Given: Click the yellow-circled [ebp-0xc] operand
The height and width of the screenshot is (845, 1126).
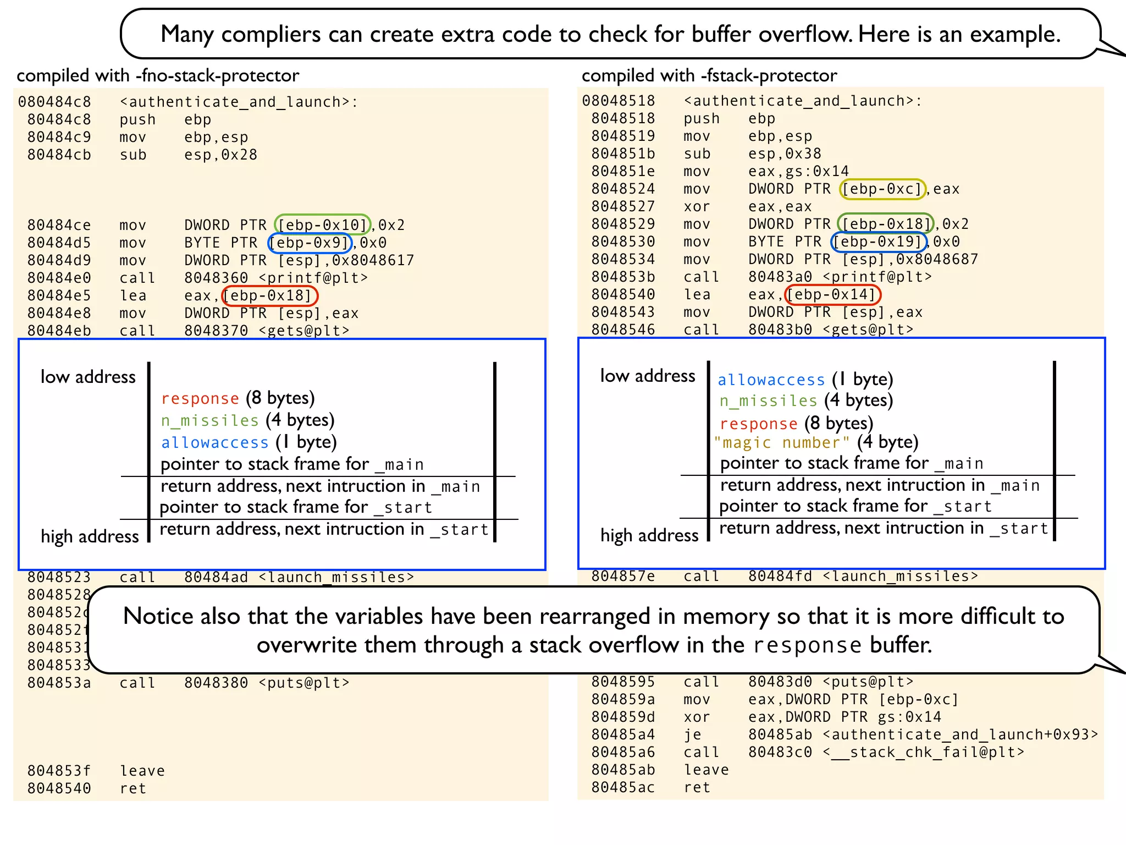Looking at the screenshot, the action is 882,189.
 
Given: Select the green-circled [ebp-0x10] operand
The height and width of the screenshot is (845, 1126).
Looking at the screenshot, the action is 322,224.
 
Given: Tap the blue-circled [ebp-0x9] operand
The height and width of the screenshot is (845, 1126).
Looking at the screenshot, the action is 310,243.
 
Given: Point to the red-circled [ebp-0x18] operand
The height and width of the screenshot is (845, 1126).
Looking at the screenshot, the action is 269,295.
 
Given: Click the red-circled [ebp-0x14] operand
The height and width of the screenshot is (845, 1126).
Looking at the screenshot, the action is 832,295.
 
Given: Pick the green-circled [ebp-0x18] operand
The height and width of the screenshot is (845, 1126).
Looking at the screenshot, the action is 885,224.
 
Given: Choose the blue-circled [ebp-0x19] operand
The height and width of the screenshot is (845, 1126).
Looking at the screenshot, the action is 879,242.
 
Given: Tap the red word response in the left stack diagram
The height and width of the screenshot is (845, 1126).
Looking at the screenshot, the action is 200,398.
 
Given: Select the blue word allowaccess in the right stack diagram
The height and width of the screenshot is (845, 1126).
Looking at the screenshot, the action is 771,380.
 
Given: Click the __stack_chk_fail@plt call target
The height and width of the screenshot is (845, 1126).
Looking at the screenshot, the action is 924,752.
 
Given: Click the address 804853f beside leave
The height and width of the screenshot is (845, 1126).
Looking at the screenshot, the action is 59,771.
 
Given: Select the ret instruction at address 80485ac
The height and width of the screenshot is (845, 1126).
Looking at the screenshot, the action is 697,787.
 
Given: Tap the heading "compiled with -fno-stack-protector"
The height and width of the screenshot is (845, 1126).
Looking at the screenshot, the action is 158,75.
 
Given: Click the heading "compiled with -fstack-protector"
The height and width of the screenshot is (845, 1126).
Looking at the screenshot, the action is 709,75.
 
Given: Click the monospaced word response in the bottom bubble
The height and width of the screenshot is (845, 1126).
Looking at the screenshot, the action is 807,645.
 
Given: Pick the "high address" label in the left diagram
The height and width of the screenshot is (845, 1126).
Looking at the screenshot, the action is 90,536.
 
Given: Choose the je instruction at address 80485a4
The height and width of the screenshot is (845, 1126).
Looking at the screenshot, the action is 692,734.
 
